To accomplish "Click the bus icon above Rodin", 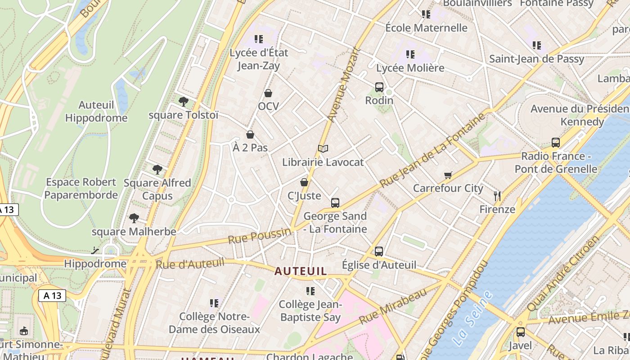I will tap(379, 87).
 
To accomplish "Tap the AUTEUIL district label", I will tap(301, 271).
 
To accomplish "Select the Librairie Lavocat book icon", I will tap(323, 148).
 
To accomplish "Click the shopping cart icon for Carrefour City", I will tap(448, 175).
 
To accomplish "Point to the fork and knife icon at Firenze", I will tap(497, 196).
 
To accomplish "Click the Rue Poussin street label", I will tap(259, 236).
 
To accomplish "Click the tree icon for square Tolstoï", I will tap(183, 102).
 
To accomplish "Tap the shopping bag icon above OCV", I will tap(268, 93).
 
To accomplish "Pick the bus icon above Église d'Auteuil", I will tap(379, 252).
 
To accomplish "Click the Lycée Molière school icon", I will tap(410, 54).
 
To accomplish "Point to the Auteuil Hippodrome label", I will tap(96, 112).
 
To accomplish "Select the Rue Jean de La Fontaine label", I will tap(432, 150).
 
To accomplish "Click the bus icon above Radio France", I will tap(556, 143).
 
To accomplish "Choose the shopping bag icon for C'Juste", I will tap(304, 182).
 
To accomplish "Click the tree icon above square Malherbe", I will tap(134, 218).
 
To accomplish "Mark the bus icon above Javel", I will tap(521, 332).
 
